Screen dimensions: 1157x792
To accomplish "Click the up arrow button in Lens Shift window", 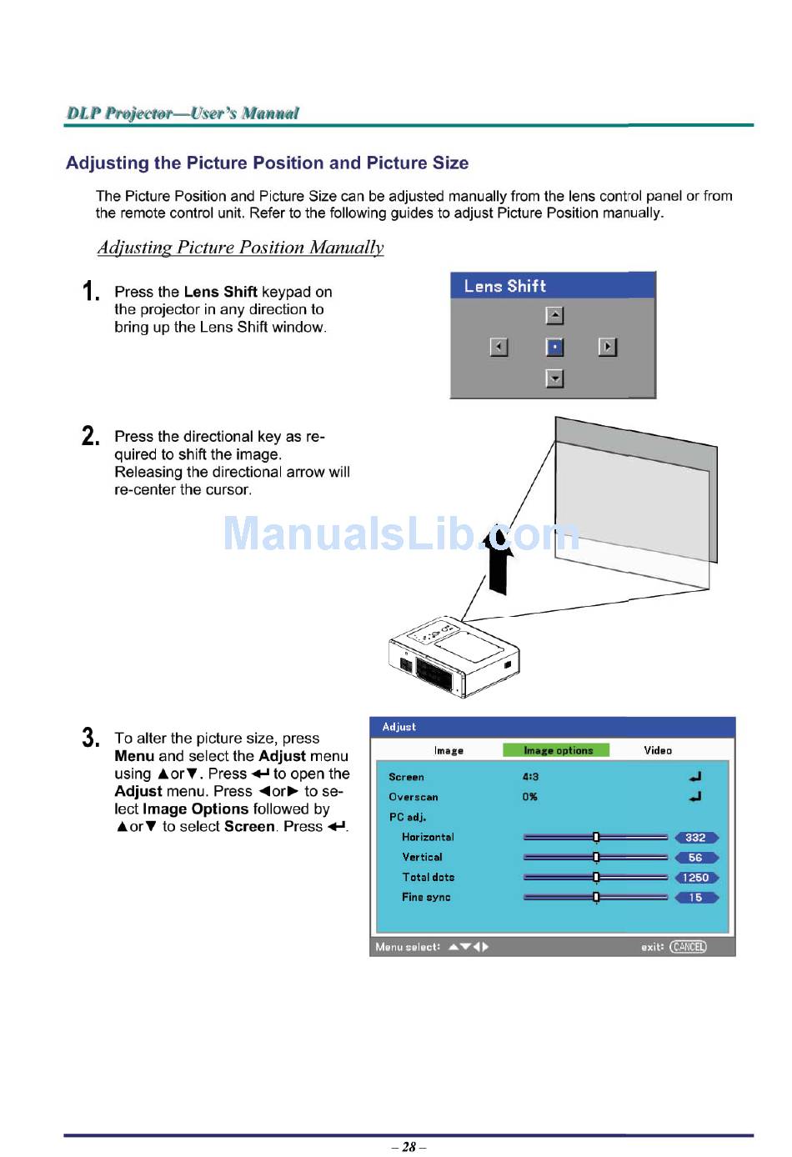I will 554,315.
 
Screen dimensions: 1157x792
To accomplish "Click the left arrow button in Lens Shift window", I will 499,347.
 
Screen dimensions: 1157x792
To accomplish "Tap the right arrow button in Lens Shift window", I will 608,347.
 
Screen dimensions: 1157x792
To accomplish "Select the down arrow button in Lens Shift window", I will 554,378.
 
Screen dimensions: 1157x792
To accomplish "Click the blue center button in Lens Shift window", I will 554,347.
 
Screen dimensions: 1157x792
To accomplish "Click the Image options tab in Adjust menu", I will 557,750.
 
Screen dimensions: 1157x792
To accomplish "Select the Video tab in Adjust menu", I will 657,750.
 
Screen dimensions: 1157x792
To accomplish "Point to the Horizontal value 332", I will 695,838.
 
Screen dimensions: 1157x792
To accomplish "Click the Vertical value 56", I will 695,858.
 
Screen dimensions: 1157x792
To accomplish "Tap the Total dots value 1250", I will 695,878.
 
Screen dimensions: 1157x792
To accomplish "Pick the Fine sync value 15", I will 695,898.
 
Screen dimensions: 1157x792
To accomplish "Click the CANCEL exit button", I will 688,947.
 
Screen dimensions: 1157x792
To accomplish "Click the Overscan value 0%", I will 530,797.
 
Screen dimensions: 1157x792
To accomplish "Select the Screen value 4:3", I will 530,777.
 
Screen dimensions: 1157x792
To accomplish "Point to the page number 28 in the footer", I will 409,1147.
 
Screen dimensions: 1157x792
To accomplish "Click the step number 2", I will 90,436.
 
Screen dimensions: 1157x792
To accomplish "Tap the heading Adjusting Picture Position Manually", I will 240,248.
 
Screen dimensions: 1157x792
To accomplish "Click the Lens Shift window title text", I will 504,286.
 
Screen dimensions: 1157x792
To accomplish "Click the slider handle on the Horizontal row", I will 596,838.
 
